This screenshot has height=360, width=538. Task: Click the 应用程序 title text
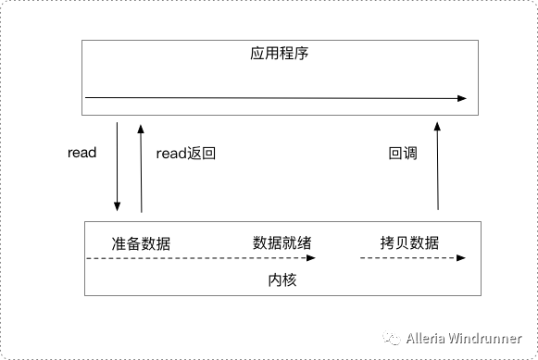[x=279, y=53]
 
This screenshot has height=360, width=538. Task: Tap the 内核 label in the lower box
[x=282, y=280]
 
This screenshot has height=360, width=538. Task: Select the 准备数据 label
[x=141, y=243]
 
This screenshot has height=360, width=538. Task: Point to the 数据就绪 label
[x=282, y=243]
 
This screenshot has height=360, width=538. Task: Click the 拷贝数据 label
[x=409, y=242]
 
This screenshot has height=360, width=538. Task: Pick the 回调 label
[x=403, y=154]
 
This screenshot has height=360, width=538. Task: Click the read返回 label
[x=185, y=154]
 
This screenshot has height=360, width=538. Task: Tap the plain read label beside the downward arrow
[x=82, y=153]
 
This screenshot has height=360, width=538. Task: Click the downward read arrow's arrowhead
[x=117, y=206]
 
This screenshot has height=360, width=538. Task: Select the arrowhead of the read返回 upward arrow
[x=141, y=129]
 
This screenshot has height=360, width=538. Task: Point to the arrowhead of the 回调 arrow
[x=437, y=127]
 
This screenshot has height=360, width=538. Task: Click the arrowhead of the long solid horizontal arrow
[x=462, y=98]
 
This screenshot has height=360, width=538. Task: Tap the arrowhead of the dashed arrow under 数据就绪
[x=311, y=258]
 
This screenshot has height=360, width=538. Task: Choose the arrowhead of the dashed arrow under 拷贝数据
[x=461, y=258]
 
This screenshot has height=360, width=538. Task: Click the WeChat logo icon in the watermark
[x=392, y=338]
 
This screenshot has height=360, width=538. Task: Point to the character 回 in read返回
[x=208, y=154]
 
